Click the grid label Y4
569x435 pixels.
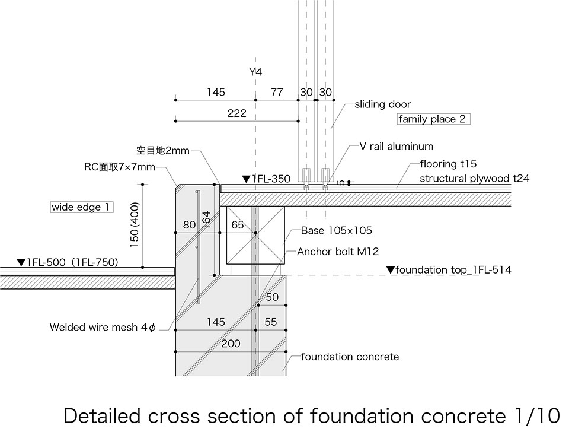pyautogui.click(x=255, y=72)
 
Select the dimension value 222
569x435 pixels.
pyautogui.click(x=236, y=113)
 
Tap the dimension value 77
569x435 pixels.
pyautogui.click(x=277, y=92)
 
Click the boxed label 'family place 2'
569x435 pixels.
pyautogui.click(x=433, y=119)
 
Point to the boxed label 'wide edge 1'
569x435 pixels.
pyautogui.click(x=81, y=207)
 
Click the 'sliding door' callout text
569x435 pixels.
pyautogui.click(x=382, y=104)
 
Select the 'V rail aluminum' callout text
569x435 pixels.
pyautogui.click(x=396, y=146)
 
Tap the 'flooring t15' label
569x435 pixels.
pyautogui.click(x=448, y=164)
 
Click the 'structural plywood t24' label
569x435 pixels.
pyautogui.click(x=474, y=178)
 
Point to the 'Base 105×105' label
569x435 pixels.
pyautogui.click(x=336, y=230)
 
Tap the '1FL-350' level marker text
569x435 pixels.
pyautogui.click(x=266, y=179)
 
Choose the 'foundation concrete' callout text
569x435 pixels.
pyautogui.click(x=350, y=357)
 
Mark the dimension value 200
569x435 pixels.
pyautogui.click(x=231, y=344)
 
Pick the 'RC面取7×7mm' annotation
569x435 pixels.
pyautogui.click(x=119, y=167)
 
